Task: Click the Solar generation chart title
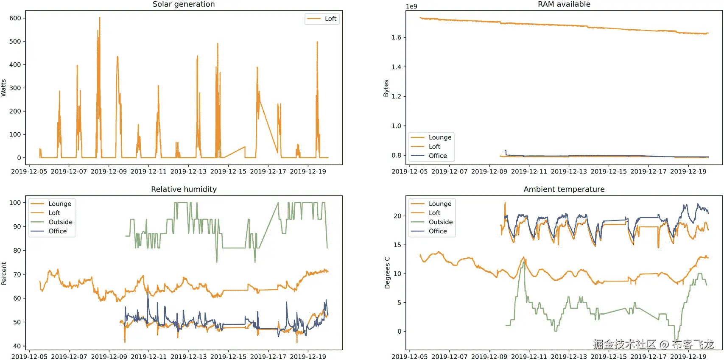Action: [x=184, y=4]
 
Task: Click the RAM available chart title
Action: [x=564, y=4]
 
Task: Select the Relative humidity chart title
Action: [x=184, y=189]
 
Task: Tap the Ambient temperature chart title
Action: [x=564, y=189]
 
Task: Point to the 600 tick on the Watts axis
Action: [x=15, y=18]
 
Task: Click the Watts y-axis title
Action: [x=4, y=88]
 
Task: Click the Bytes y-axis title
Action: [x=386, y=88]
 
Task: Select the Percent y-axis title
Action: [x=4, y=273]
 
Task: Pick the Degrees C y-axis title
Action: [x=387, y=273]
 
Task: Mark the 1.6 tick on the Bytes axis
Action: [x=396, y=37]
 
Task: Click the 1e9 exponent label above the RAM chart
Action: [x=411, y=6]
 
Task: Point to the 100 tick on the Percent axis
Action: [x=15, y=203]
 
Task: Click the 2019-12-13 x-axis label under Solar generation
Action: [x=188, y=171]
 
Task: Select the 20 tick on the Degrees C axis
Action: [x=397, y=216]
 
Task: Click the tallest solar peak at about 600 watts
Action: [x=100, y=18]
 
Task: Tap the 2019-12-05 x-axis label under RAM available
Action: [x=409, y=171]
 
